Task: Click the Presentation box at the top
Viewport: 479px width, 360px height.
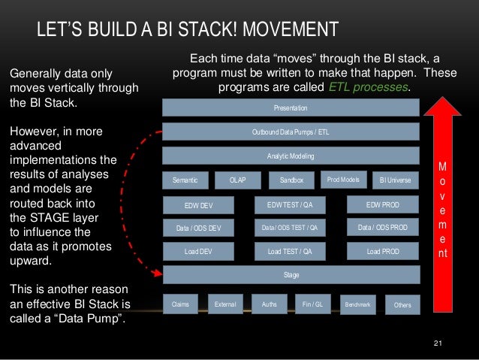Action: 291,107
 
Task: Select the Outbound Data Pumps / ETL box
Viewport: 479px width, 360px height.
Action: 291,132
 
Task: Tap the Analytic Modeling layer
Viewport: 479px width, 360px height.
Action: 291,156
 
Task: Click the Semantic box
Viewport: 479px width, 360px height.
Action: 185,180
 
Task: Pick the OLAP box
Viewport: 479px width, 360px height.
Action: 236,180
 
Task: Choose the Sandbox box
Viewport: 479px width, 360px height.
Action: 291,180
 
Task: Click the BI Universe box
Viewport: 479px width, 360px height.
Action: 395,180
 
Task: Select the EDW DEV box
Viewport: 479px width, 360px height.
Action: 199,205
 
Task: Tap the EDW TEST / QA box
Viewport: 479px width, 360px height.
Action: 290,204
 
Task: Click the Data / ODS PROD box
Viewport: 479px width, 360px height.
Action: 383,227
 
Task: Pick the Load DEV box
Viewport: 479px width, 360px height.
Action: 199,252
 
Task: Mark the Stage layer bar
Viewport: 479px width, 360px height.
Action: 291,275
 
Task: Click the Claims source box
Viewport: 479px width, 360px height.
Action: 180,304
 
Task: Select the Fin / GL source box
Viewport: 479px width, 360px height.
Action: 312,304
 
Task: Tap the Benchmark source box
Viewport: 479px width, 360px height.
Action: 357,304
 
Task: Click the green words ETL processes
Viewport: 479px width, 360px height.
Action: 369,87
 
